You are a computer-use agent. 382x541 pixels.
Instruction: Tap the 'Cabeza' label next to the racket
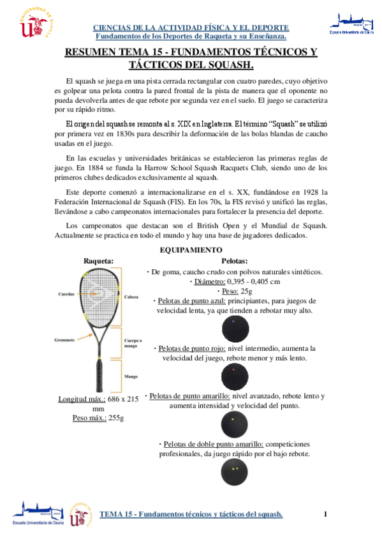pyautogui.click(x=132, y=297)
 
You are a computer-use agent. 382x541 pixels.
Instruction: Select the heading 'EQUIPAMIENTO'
pyautogui.click(x=191, y=249)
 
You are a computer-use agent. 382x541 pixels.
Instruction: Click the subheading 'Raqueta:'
pyautogui.click(x=99, y=260)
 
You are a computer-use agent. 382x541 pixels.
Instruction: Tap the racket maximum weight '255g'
pyautogui.click(x=115, y=418)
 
